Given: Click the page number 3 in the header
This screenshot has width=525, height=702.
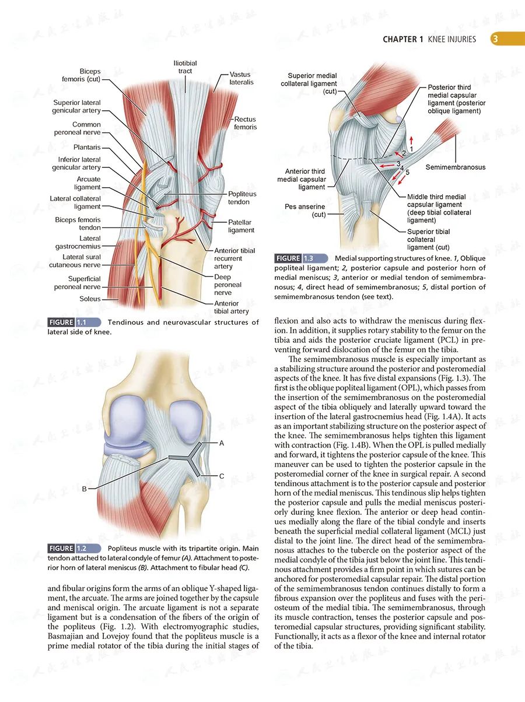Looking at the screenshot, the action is pos(494,39).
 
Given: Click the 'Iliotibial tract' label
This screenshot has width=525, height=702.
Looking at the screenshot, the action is pos(185,67).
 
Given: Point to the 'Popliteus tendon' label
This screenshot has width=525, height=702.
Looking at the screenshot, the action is pos(242,198).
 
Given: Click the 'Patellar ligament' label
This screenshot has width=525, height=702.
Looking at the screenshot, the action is pos(241,226).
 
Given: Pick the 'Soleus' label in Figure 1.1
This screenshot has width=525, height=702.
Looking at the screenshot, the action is pos(90,299).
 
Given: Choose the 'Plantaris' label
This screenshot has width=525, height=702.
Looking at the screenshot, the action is pos(87,148).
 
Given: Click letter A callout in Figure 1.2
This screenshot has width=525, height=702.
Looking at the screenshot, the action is pos(222,443).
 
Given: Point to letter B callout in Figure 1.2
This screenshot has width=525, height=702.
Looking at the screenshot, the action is pos(84,489).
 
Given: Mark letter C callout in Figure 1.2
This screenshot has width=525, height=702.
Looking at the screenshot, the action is pos(222,476).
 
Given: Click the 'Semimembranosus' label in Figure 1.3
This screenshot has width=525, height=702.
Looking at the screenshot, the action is pos(455,167).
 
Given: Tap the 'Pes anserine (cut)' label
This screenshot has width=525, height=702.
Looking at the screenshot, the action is pos(304,210).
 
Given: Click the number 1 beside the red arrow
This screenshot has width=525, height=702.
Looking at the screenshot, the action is pos(411,149).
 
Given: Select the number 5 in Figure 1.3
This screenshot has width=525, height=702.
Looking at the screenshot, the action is pos(407,173).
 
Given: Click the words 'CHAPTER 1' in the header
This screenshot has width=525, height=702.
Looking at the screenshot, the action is pos(403,40).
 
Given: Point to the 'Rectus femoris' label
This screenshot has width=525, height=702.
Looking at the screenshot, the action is pos(246,123).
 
